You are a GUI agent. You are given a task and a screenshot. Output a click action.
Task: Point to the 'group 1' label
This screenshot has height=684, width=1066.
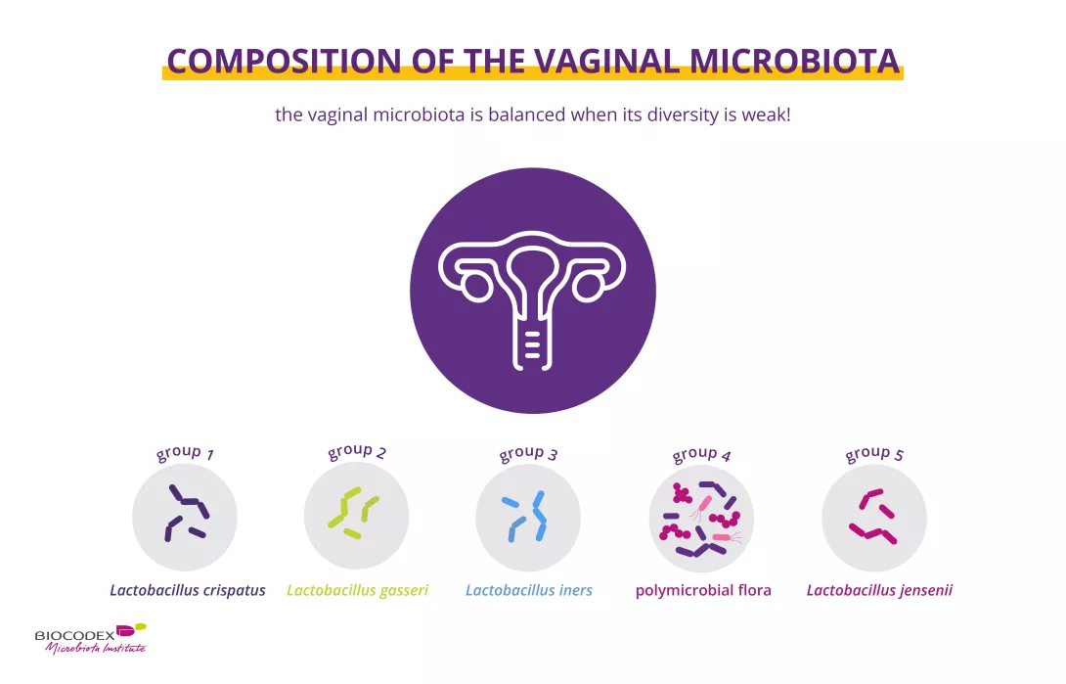coord(185,453)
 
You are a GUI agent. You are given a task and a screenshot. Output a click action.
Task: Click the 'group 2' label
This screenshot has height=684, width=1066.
coord(357,451)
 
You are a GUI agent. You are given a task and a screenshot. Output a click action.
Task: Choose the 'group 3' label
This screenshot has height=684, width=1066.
coord(528,453)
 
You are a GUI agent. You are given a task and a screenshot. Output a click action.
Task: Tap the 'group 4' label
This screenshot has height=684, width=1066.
coord(701,454)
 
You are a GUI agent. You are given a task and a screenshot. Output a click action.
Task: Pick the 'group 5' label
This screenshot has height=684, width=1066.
coord(873,453)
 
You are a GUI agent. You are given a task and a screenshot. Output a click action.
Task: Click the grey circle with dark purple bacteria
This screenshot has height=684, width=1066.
coord(185,517)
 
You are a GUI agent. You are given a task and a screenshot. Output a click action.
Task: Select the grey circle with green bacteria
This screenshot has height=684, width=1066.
coord(357,516)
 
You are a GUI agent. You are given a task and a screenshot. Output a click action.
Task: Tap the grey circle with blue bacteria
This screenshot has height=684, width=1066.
coord(528,517)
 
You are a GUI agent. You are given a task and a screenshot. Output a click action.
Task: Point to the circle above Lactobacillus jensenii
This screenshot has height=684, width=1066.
coord(873,517)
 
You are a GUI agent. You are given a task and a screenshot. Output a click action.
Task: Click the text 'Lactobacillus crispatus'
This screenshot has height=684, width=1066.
coord(187,590)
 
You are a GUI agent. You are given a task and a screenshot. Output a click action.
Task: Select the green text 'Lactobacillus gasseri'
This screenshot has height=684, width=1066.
coord(357,590)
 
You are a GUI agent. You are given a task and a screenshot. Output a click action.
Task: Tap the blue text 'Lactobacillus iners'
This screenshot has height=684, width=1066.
coord(529,590)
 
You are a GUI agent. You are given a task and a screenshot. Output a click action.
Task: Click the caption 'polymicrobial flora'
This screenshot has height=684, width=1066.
coord(703,590)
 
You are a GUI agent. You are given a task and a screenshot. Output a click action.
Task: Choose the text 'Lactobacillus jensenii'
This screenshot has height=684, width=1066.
coord(879,590)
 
